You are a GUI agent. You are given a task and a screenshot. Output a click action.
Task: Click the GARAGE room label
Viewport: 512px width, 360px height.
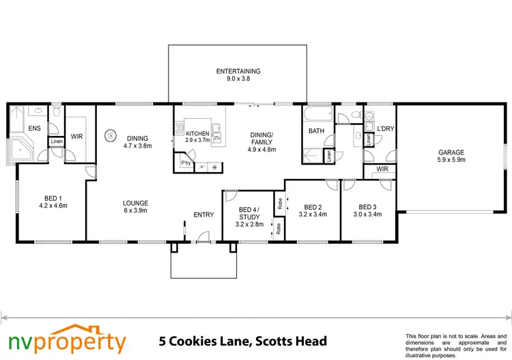pos(451,152)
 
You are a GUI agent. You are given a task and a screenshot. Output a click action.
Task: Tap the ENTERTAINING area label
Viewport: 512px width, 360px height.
pos(238,71)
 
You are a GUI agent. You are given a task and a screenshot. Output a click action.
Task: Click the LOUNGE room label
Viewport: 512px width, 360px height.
pos(135,203)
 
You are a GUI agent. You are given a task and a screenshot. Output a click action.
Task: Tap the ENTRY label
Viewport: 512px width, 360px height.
pos(203,214)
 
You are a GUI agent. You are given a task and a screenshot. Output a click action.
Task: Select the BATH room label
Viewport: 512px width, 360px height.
pos(316,130)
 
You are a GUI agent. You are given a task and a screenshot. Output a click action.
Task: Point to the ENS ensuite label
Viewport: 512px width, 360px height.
pos(34,128)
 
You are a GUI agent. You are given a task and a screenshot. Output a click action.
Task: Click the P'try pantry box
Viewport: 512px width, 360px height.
pos(184,163)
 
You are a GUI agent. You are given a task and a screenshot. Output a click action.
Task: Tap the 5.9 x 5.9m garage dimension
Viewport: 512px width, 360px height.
pos(451,161)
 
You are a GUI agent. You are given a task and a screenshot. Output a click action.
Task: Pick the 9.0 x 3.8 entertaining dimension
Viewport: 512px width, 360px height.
pos(238,79)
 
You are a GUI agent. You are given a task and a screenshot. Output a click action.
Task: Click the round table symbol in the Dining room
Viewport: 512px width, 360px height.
pos(109,135)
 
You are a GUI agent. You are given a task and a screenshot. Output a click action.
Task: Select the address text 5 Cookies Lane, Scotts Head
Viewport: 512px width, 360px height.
pos(242,340)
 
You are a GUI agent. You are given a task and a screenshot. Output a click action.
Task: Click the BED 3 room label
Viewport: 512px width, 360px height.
pos(367,207)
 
